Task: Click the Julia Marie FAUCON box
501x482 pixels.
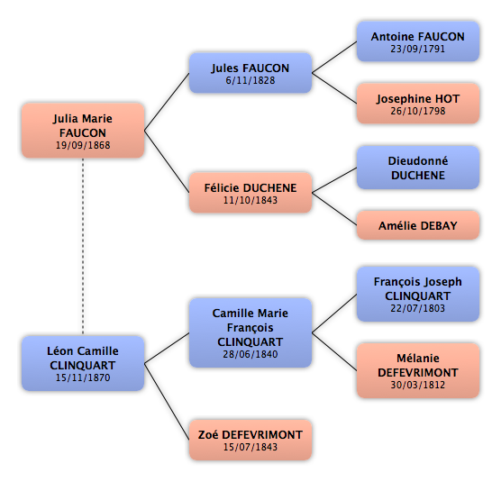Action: [83, 131]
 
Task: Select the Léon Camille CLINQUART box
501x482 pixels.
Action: [83, 363]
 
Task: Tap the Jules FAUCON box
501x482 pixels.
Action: [250, 73]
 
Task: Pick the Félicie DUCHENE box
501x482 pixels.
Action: [250, 193]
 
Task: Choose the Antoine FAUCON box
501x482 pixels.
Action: [418, 41]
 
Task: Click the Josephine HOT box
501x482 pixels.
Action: [418, 104]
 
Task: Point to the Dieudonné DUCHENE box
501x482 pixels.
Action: [418, 168]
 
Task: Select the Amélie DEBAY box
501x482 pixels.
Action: [418, 225]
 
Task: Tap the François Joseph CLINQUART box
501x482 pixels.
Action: [418, 295]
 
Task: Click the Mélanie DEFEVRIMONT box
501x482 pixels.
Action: [418, 370]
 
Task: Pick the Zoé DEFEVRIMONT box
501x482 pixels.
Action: [250, 440]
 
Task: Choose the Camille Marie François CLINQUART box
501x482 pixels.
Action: [250, 332]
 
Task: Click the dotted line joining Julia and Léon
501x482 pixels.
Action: [83, 247]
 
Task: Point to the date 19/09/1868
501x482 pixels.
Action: [83, 145]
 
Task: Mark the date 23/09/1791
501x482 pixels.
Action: [417, 49]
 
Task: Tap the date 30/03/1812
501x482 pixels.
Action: [417, 385]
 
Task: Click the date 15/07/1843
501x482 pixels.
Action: [250, 447]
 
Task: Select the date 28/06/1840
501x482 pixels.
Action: [250, 354]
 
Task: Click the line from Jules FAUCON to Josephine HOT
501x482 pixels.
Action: [334, 88]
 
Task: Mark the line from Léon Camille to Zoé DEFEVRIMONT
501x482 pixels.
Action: [167, 402]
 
